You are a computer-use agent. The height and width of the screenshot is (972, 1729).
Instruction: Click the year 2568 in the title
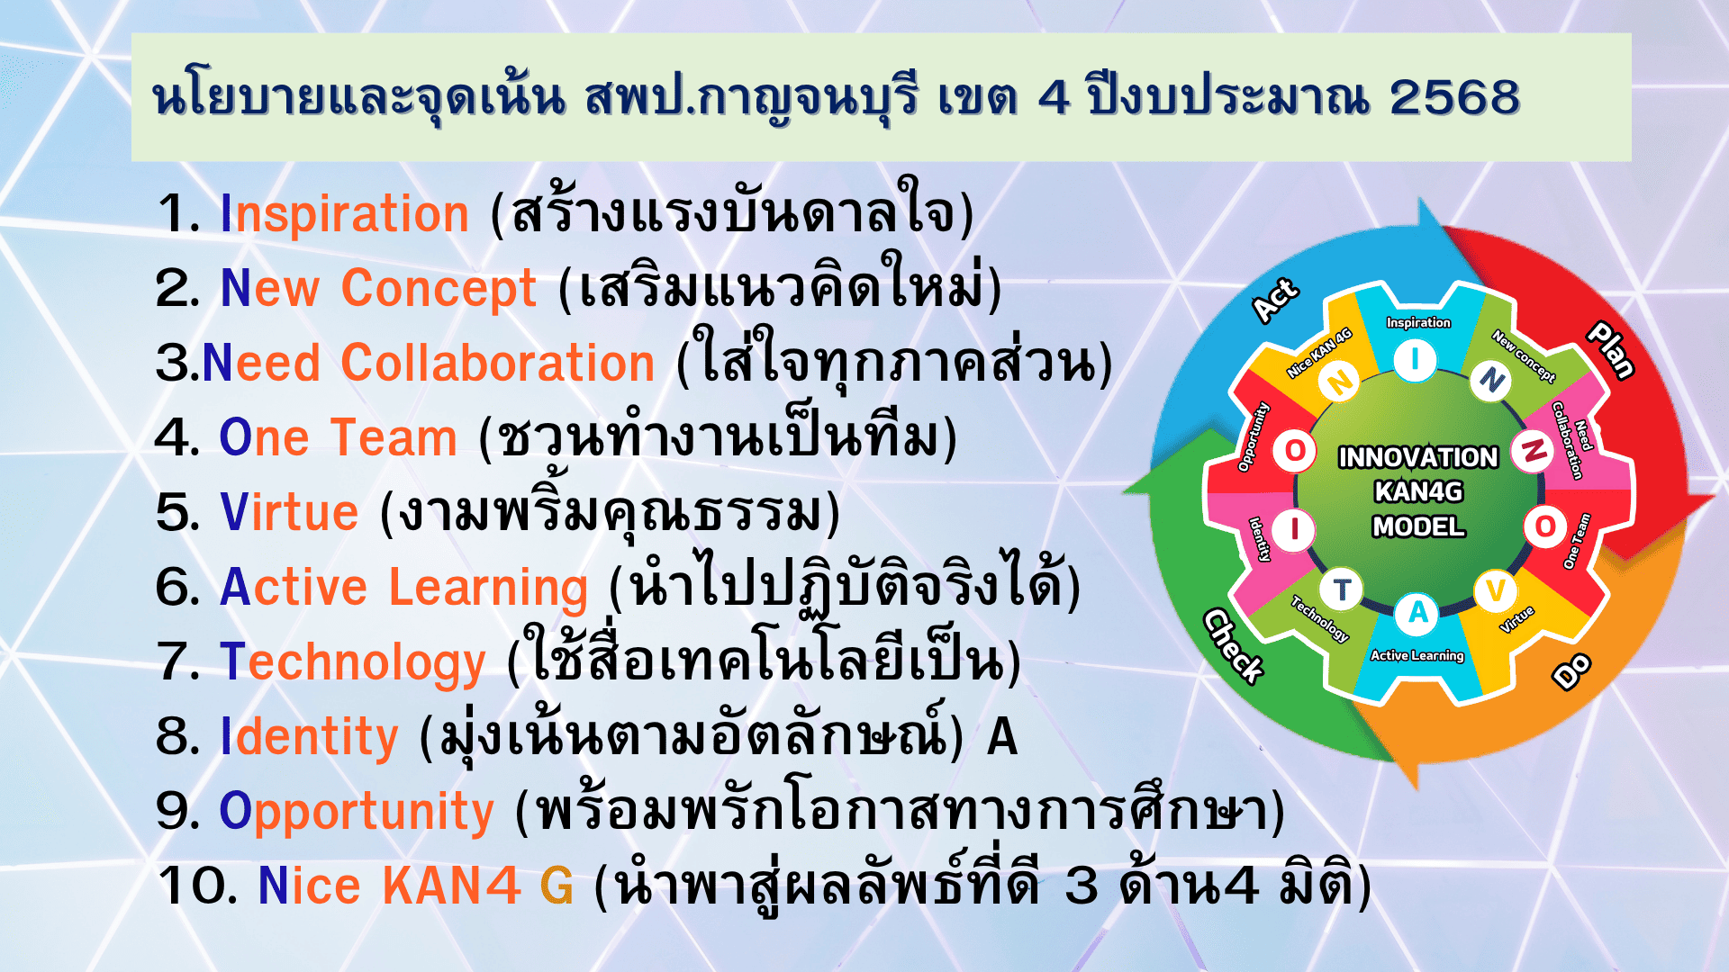pos(1454,97)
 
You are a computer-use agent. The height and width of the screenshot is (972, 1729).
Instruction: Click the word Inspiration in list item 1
pos(344,215)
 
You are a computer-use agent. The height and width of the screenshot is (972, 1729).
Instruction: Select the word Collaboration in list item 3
pos(498,363)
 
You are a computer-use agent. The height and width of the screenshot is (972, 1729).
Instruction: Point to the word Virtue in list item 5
pos(289,512)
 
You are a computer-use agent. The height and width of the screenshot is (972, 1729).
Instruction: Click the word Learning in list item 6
pos(488,589)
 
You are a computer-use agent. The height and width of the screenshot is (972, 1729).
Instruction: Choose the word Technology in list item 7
pos(353,663)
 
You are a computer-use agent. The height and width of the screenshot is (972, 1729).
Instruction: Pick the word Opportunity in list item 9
pos(357,813)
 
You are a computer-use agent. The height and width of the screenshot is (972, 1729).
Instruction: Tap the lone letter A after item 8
pos(1002,737)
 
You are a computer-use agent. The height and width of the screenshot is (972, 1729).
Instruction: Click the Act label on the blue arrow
pos(1276,300)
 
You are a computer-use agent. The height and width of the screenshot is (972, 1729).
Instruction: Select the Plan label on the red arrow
pos(1611,350)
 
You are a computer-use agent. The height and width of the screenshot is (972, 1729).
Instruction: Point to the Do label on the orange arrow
pos(1572,671)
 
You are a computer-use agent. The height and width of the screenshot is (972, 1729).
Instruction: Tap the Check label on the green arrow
pos(1234,646)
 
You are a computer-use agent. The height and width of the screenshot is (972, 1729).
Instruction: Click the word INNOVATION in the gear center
pos(1418,457)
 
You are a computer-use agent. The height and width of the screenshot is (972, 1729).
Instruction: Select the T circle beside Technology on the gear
pos(1342,590)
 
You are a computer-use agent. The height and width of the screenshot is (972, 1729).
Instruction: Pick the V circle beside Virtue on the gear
pos(1496,590)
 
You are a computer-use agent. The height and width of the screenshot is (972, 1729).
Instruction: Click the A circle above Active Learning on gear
pos(1417,613)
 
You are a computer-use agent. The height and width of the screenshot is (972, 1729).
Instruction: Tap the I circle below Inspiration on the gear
pos(1416,360)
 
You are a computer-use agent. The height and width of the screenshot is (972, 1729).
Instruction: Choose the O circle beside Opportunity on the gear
pos(1295,450)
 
